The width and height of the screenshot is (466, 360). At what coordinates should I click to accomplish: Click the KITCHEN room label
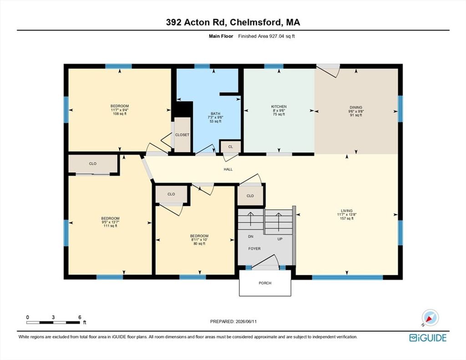click(x=279, y=106)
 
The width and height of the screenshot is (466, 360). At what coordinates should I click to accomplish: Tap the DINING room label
click(x=356, y=107)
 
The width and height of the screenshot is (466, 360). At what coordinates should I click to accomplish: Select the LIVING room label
click(x=346, y=211)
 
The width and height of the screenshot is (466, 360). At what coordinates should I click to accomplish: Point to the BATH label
click(x=215, y=114)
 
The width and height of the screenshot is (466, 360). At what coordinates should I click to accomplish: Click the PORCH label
click(x=265, y=283)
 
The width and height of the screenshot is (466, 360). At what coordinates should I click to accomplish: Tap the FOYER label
click(x=254, y=248)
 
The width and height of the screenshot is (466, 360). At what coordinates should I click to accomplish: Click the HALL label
click(x=228, y=169)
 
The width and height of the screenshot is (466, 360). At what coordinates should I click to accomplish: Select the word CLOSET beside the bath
click(x=182, y=135)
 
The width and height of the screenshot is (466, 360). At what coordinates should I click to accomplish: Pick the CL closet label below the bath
click(x=231, y=147)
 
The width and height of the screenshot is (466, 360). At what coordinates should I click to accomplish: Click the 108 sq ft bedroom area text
click(x=120, y=114)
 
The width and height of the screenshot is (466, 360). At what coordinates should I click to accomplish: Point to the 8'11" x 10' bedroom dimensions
click(x=199, y=239)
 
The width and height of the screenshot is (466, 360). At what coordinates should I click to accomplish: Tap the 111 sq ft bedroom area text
click(x=110, y=226)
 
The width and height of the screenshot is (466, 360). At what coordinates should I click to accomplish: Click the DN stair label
click(x=251, y=237)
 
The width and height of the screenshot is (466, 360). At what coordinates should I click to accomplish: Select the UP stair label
click(x=280, y=239)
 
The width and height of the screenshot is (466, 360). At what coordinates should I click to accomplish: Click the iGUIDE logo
click(x=428, y=338)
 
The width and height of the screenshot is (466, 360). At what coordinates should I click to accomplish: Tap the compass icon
click(x=430, y=318)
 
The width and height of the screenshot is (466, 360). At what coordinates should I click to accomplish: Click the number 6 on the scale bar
click(x=80, y=317)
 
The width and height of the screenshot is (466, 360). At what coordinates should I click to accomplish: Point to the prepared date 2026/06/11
click(x=246, y=321)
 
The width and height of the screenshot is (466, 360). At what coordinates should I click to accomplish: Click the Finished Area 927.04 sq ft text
click(x=267, y=36)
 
